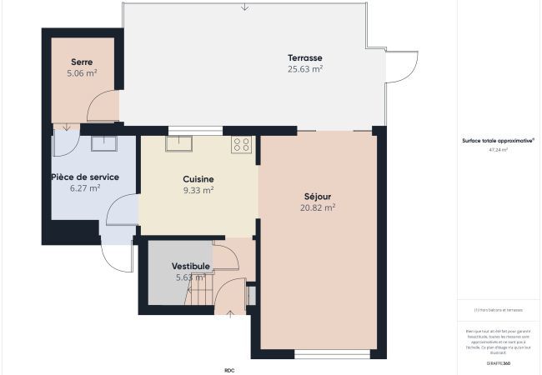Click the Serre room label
pos(82,62)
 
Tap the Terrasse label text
pos(305,57)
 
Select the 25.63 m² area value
pos(305,69)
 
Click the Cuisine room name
pos(198,179)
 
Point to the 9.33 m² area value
pos(198,190)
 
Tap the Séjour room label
pos(318,197)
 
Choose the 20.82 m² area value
pos(318,207)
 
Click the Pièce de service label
pos(85,177)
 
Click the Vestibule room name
pos(191,267)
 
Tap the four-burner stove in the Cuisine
pos(242,144)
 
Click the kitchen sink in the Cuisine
pos(178,143)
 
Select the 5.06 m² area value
pos(82,73)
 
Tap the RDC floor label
pos(229,370)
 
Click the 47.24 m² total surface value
pos(499,151)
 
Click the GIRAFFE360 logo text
pos(499,363)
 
